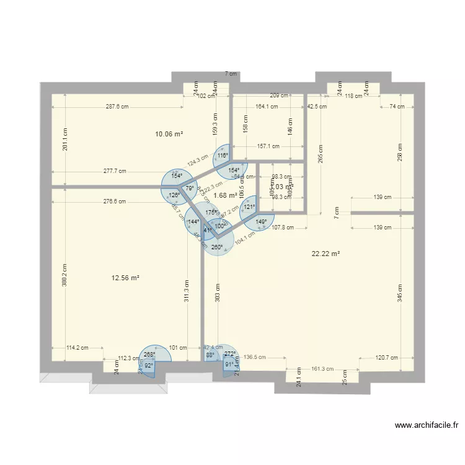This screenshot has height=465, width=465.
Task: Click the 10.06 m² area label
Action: point(169,133)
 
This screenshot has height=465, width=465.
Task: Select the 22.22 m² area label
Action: point(326,253)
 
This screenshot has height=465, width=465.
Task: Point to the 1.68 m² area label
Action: point(224,195)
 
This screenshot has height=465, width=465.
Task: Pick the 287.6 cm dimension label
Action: point(117,107)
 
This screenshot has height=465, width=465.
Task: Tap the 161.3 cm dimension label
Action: point(322,369)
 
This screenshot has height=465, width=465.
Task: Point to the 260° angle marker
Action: point(217,247)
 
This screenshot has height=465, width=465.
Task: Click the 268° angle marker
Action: point(149,355)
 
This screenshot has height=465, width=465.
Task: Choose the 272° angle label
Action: point(230,354)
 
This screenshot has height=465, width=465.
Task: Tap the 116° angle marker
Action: point(223,156)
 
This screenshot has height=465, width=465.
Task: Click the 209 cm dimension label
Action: point(279,95)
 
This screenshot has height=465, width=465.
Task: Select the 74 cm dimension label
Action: point(397,107)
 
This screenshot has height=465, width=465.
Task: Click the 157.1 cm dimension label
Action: point(267,147)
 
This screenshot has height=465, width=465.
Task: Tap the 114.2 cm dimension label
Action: point(77,348)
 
